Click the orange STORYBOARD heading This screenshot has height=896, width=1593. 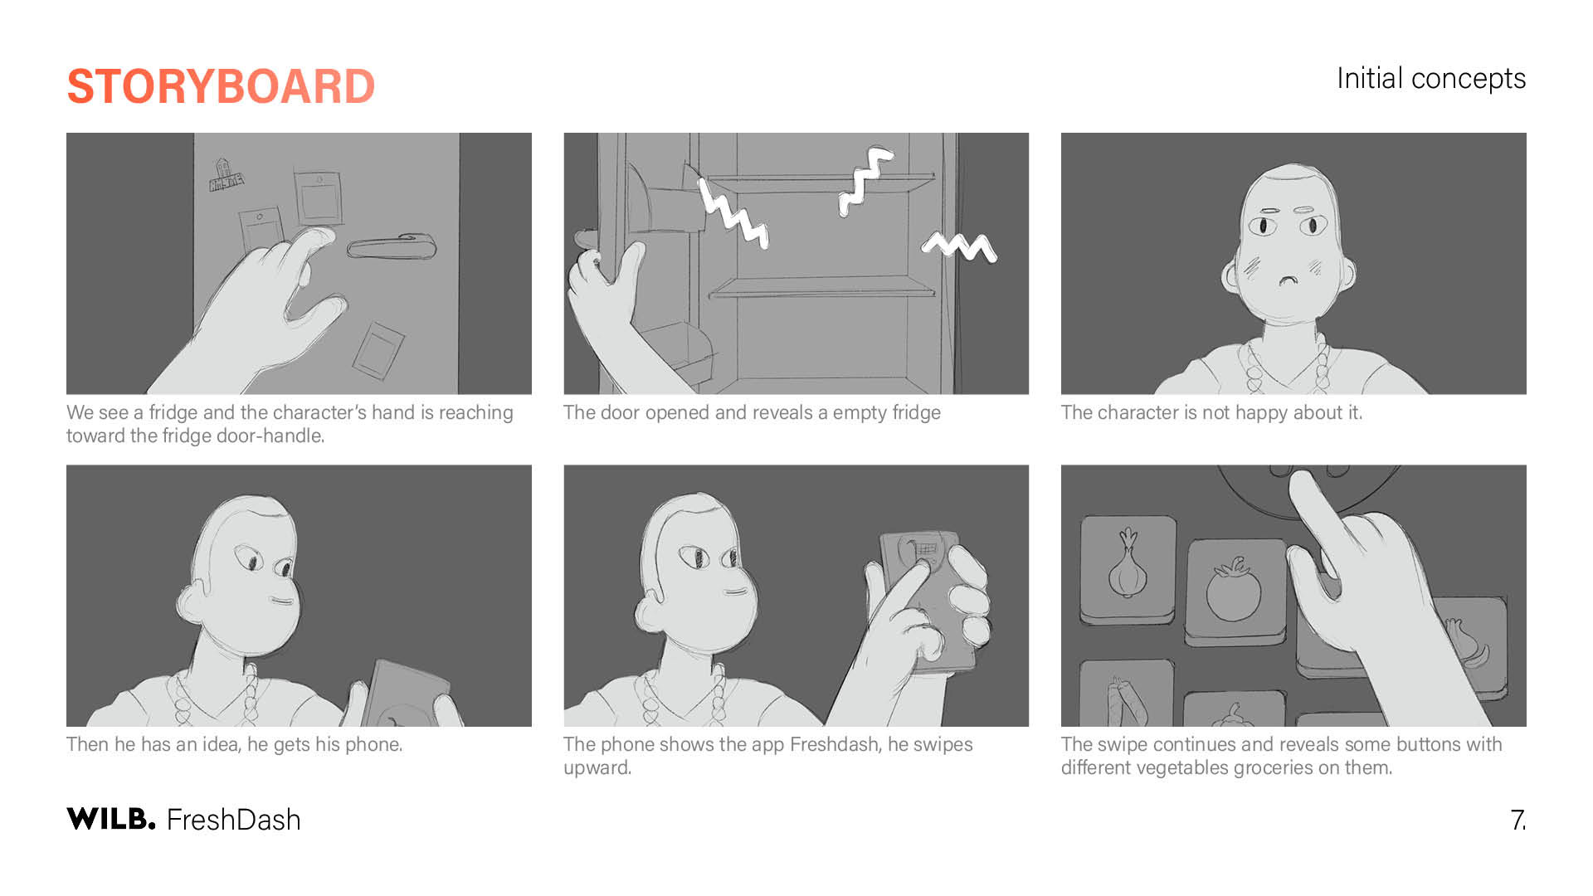click(x=221, y=86)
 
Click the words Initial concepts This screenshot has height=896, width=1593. click(x=1431, y=79)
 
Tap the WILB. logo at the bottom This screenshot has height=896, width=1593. click(x=111, y=819)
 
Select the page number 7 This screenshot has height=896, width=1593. click(x=1517, y=821)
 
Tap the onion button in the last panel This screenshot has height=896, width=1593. click(x=1128, y=571)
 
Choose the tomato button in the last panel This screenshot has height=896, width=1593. click(x=1235, y=592)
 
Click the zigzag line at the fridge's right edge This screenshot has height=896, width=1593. click(x=959, y=246)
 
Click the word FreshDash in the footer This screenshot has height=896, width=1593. click(x=234, y=820)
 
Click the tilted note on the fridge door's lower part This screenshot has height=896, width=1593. click(x=378, y=350)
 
